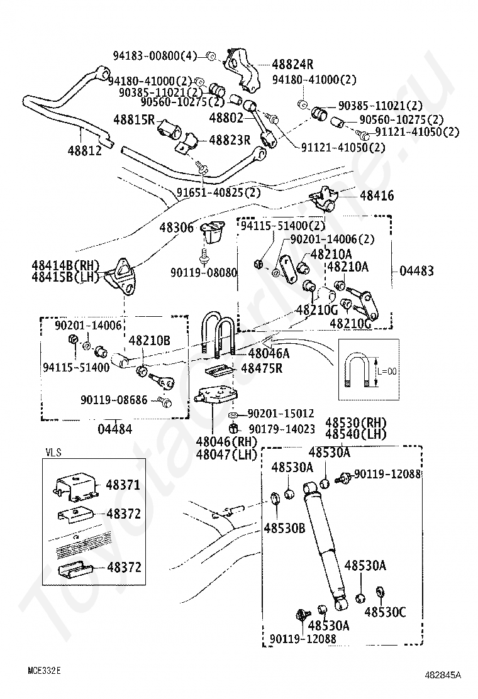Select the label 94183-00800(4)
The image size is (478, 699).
[x=155, y=56]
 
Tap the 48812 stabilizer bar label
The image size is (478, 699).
[x=85, y=151]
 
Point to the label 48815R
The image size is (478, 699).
[x=134, y=119]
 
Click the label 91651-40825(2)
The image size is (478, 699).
[x=219, y=192]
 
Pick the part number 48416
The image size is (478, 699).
[x=377, y=195]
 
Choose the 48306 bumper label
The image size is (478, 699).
[x=177, y=228]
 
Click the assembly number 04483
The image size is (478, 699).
[x=416, y=270]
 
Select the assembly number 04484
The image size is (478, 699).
[x=115, y=429]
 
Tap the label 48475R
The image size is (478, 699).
[x=262, y=368]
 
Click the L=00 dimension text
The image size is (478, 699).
[x=387, y=371]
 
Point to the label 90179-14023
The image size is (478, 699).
[x=282, y=429]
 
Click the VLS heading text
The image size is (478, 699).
[x=53, y=453]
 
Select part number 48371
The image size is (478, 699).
[x=123, y=485]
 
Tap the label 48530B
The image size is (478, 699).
[x=284, y=528]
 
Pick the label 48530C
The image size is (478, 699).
[x=386, y=612]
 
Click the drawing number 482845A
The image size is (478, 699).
[x=443, y=675]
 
